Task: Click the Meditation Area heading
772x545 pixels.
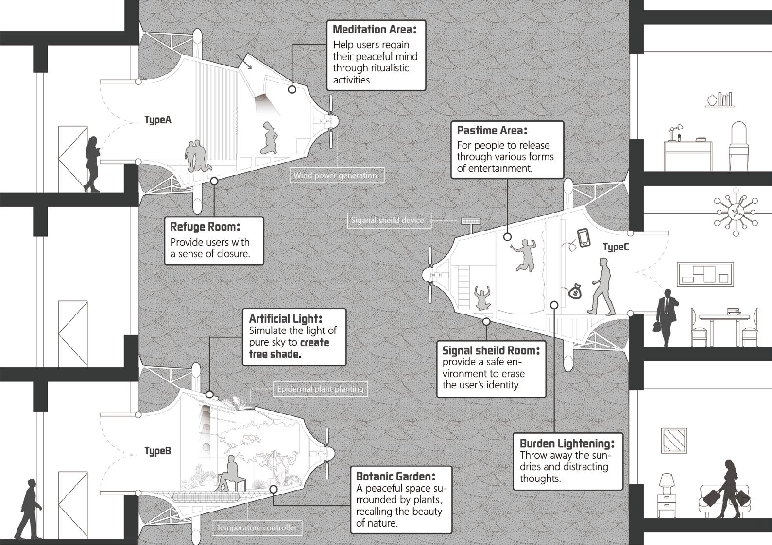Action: [x=374, y=30]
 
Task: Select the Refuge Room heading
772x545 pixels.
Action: [x=205, y=227]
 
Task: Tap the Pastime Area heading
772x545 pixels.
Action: [x=492, y=130]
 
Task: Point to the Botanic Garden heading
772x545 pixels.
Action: [x=395, y=476]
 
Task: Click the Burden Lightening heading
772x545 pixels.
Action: [x=566, y=443]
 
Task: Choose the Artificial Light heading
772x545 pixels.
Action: [x=285, y=319]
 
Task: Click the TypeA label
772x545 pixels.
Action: [x=158, y=120]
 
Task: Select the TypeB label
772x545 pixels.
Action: [x=157, y=451]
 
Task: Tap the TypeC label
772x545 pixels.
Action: [x=616, y=247]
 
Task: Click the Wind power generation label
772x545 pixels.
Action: [x=335, y=175]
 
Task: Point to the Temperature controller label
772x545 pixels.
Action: [x=257, y=528]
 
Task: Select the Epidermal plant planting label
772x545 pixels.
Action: [x=320, y=389]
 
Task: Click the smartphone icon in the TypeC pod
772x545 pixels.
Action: [x=583, y=237]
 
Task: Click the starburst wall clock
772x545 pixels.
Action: [x=735, y=211]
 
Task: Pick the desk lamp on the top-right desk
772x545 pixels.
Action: [x=674, y=132]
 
